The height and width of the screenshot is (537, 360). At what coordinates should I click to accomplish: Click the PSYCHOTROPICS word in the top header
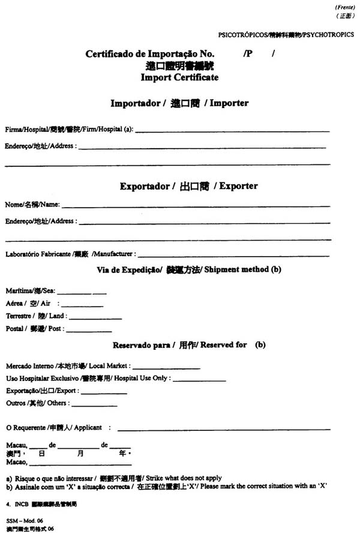(x=329, y=35)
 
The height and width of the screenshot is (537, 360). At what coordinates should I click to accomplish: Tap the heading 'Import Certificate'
(x=179, y=77)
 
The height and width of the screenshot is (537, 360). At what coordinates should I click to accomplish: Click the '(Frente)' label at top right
(x=344, y=7)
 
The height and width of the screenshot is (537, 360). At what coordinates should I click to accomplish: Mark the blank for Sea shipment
(x=81, y=293)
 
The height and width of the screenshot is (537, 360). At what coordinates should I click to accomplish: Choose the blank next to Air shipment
(x=81, y=305)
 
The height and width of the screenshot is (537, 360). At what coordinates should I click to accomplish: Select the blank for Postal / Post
(x=89, y=331)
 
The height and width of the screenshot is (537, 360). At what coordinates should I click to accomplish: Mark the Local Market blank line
(x=166, y=368)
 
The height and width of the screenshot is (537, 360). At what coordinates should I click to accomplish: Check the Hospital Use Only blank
(x=199, y=380)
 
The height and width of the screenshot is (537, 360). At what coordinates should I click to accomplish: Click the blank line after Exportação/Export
(x=104, y=393)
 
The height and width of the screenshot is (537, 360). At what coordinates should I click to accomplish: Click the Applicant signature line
(x=224, y=430)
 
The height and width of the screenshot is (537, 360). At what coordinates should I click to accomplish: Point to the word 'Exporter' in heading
(x=238, y=186)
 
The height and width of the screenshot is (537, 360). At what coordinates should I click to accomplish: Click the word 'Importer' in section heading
(x=229, y=103)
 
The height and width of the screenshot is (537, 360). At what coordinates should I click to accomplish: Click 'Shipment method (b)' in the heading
(x=242, y=270)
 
